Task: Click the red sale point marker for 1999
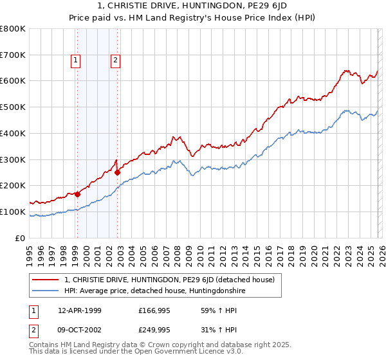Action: [x=77, y=194]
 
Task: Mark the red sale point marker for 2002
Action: [x=118, y=172]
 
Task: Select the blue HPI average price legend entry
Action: [x=154, y=291]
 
